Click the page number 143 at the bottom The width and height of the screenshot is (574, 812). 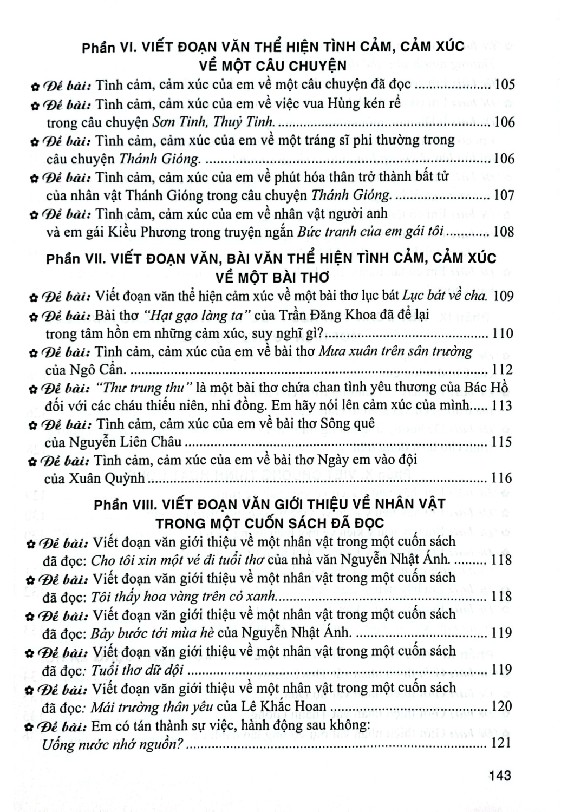[x=499, y=775]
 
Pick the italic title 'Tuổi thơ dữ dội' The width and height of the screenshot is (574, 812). [x=139, y=671]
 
